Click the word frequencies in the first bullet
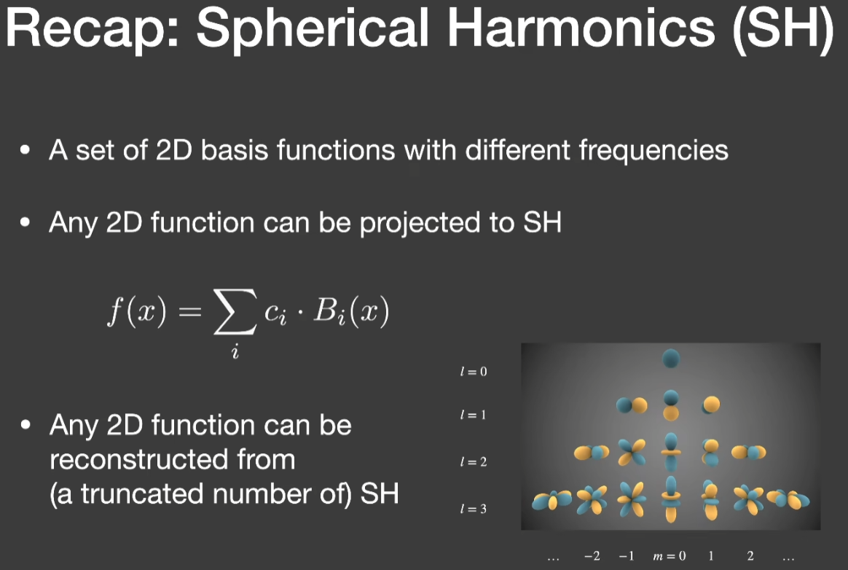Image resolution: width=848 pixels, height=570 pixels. (x=653, y=150)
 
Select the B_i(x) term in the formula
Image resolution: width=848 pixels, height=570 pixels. (x=352, y=311)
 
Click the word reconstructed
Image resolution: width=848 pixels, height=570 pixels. (x=173, y=460)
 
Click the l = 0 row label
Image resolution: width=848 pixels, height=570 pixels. (x=474, y=371)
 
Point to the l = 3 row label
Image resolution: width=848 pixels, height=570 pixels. (x=474, y=509)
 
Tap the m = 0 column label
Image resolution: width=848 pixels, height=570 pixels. (x=670, y=556)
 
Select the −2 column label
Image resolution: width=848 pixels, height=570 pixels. (x=592, y=556)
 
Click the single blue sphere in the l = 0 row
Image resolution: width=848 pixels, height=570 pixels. (x=671, y=359)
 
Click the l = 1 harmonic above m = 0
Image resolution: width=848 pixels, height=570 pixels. (x=671, y=405)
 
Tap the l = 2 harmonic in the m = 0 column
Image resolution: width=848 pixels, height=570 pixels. (x=671, y=452)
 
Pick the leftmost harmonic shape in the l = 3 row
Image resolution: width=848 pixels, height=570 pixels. (x=551, y=501)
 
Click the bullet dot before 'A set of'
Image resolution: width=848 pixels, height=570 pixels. (x=25, y=150)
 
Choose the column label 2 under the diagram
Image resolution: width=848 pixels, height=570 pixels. (x=750, y=556)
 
